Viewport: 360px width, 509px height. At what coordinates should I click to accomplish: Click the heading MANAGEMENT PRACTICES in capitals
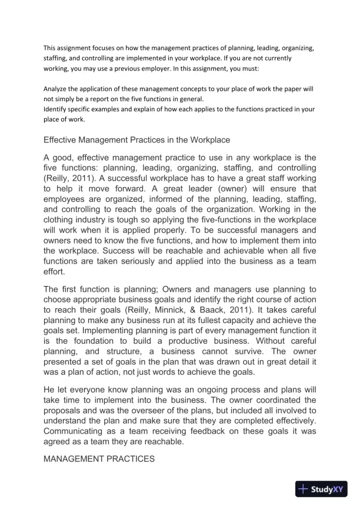click(98, 459)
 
